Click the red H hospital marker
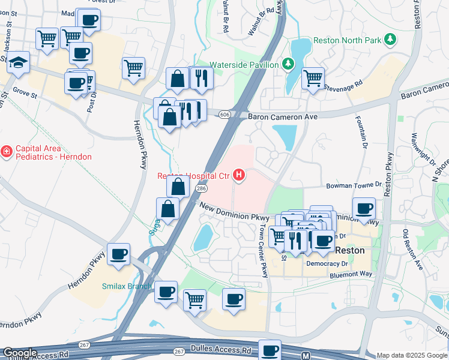point(240,175)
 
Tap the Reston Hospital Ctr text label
point(193,176)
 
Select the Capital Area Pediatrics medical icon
point(7,152)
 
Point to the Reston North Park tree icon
point(391,39)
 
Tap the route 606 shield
point(225,114)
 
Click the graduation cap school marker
point(19,63)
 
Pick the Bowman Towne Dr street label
point(354,186)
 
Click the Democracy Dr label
point(327,263)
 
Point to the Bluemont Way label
point(351,274)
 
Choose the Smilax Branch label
point(127,286)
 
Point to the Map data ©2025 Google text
point(412,355)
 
